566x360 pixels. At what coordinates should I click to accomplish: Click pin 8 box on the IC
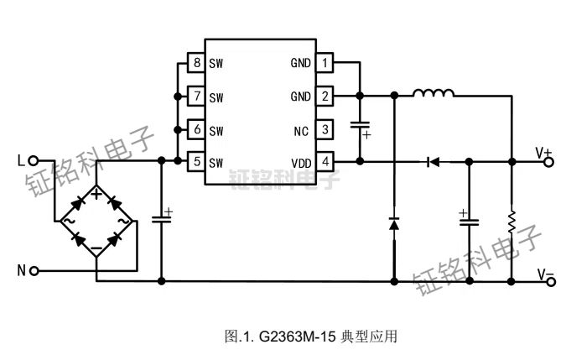pyautogui.click(x=196, y=63)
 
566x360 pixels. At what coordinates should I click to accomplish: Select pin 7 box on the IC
pyautogui.click(x=196, y=96)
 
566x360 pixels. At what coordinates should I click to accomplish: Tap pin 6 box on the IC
pyautogui.click(x=196, y=129)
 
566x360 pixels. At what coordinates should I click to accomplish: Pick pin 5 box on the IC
pyautogui.click(x=196, y=162)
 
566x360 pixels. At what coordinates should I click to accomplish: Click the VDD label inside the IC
pyautogui.click(x=300, y=162)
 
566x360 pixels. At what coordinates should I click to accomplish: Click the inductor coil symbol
pyautogui.click(x=433, y=94)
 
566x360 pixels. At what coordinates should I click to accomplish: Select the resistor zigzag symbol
pyautogui.click(x=511, y=223)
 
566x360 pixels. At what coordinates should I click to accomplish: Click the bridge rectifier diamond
pyautogui.click(x=96, y=222)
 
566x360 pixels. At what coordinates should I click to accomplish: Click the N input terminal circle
pyautogui.click(x=34, y=270)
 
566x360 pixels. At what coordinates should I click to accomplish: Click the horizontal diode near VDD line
pyautogui.click(x=433, y=161)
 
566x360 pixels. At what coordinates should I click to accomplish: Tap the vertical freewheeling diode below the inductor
pyautogui.click(x=393, y=223)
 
